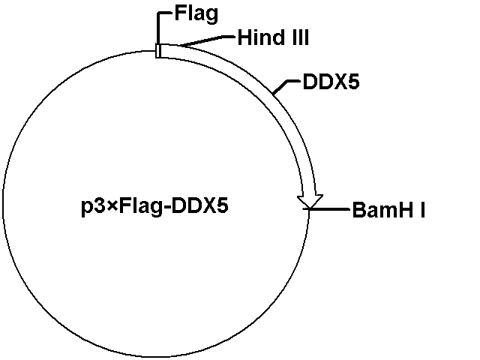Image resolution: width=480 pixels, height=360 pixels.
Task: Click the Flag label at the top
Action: coord(196,14)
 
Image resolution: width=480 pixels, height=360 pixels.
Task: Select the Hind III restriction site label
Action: coord(273,37)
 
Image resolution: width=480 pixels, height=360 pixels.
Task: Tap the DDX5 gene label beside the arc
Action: coord(331,82)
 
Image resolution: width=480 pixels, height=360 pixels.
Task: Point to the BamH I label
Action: coord(388,210)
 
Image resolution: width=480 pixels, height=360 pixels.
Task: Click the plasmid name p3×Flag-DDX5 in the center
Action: coord(154,207)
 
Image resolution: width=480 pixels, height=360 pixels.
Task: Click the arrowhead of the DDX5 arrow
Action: coord(310,202)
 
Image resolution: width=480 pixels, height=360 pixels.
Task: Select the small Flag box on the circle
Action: coord(158,51)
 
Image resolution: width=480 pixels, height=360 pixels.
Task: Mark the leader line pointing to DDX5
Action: coord(285,87)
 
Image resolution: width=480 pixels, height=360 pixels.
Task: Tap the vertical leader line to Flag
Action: coord(158,28)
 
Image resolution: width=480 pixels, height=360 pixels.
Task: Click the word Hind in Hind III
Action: coord(260,37)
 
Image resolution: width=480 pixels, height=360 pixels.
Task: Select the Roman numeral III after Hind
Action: coord(298,37)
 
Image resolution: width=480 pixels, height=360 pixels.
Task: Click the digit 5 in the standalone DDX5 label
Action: coord(353,82)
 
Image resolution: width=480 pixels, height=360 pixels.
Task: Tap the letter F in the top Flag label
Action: coord(180,13)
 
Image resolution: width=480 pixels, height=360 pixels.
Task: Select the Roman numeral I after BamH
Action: coord(423,210)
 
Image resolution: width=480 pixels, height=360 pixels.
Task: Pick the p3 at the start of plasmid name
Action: coord(93,207)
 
